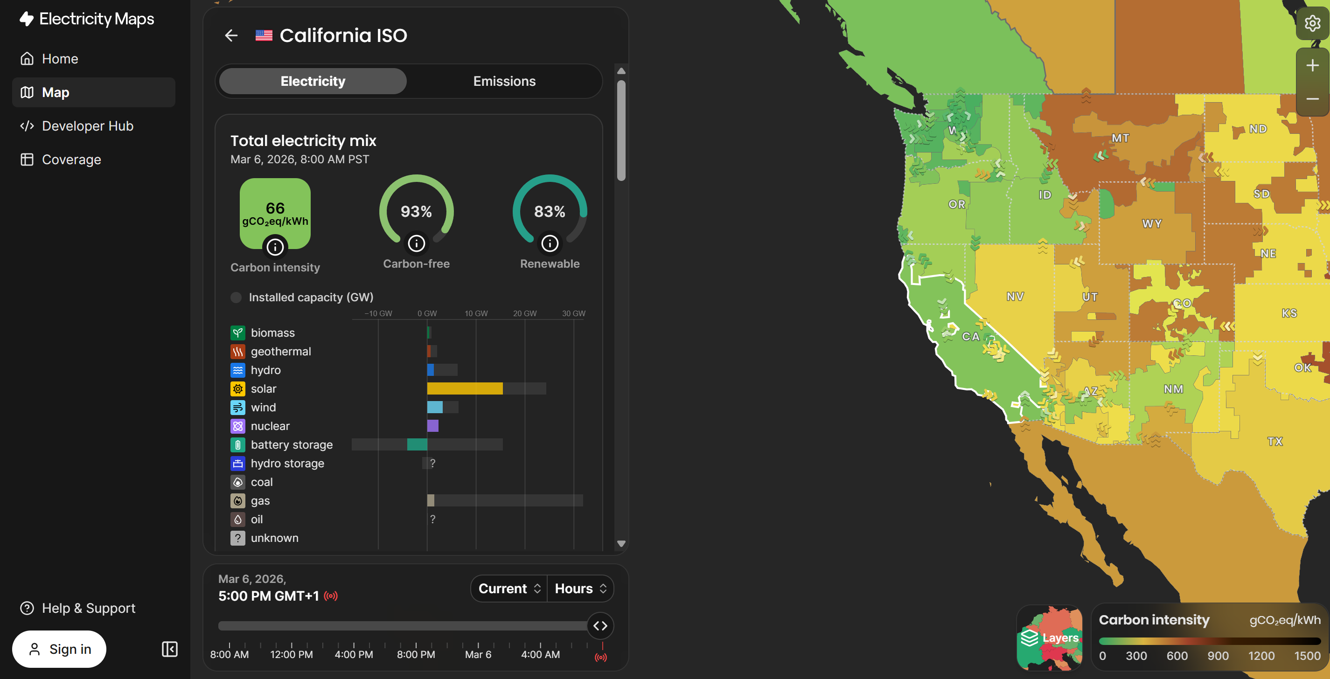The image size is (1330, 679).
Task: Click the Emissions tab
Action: [x=504, y=81]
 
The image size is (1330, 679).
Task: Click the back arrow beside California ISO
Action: [x=231, y=35]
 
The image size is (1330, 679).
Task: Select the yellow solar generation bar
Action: [x=464, y=388]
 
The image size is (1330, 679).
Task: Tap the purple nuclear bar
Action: [x=432, y=426]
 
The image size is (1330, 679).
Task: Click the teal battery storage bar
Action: [x=417, y=444]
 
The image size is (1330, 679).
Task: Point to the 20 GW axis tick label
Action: [x=524, y=313]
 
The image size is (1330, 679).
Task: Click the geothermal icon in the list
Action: [x=237, y=351]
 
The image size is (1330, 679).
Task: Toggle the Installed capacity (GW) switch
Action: [x=236, y=297]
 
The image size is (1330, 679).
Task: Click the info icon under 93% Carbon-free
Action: [x=416, y=243]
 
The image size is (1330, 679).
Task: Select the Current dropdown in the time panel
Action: [x=509, y=588]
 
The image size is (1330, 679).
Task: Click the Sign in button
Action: [x=59, y=649]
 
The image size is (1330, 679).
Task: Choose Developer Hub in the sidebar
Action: [x=87, y=126]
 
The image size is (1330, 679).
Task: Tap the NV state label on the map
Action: [x=1015, y=296]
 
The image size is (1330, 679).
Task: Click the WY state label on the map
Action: [x=1151, y=223]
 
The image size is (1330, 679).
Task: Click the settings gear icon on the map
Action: [x=1312, y=23]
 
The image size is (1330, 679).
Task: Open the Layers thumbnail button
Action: [x=1049, y=637]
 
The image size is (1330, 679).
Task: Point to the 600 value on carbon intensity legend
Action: [x=1177, y=656]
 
